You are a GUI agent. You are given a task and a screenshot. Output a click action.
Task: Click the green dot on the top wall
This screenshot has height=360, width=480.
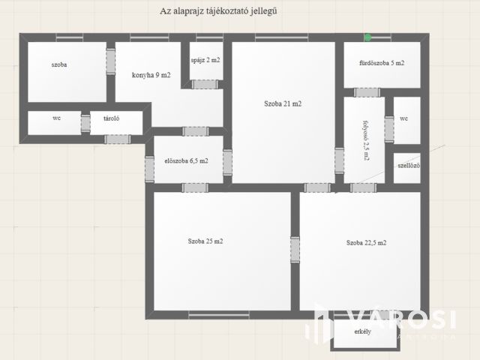[x=367, y=37]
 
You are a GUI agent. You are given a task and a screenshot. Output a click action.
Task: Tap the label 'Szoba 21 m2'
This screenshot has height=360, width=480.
[x=283, y=103]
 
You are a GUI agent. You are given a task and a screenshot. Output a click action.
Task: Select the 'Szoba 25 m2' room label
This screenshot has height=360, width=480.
[x=205, y=241]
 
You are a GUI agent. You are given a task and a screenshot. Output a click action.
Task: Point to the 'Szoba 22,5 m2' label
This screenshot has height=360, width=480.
[x=367, y=243]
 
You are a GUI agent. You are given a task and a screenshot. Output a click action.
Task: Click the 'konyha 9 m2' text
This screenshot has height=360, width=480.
[x=151, y=75]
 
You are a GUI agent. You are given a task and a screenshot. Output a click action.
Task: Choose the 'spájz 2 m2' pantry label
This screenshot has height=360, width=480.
[x=205, y=60]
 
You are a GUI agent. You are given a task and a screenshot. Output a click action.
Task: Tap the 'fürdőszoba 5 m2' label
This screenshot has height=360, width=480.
[x=382, y=63]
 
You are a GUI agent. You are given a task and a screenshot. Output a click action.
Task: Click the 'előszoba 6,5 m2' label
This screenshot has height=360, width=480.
[x=187, y=160]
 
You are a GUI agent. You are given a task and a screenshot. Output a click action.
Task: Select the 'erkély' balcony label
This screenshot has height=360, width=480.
[x=363, y=331]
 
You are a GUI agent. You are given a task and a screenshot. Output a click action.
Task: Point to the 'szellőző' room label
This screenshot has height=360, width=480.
[x=409, y=166]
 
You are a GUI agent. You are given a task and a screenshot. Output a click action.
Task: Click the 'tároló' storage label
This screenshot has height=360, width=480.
[x=112, y=118]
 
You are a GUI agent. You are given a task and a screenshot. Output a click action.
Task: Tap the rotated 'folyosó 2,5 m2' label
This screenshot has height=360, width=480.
[x=366, y=140]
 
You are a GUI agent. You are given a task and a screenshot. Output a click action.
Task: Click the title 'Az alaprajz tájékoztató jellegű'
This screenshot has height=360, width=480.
[x=218, y=11]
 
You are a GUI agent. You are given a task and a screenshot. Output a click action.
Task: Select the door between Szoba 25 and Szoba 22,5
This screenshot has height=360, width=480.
[x=295, y=250]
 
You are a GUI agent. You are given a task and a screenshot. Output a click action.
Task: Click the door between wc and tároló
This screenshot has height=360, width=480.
[x=85, y=123]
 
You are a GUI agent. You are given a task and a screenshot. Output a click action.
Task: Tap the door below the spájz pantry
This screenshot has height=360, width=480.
[x=205, y=85]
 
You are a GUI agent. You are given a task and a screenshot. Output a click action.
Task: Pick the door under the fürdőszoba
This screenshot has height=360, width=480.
[x=367, y=92]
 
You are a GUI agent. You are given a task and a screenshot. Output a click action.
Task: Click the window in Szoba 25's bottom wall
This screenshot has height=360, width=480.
[x=219, y=315]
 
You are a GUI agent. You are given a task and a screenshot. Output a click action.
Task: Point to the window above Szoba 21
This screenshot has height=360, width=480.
[x=282, y=37]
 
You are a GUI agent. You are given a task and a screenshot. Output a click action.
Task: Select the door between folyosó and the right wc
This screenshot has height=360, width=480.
[x=389, y=129]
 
